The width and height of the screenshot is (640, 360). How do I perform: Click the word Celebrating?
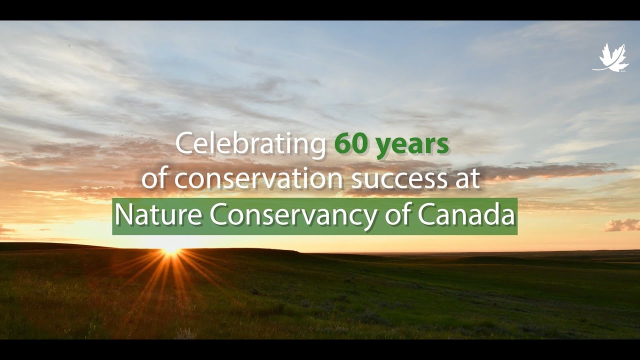click(250, 144)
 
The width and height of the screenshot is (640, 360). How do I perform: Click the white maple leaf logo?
click(610, 57)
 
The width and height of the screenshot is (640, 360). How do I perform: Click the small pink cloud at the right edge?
click(622, 225)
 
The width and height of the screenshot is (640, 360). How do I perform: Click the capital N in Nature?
click(123, 215)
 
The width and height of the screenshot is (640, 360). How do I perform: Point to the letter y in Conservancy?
click(370, 218)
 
